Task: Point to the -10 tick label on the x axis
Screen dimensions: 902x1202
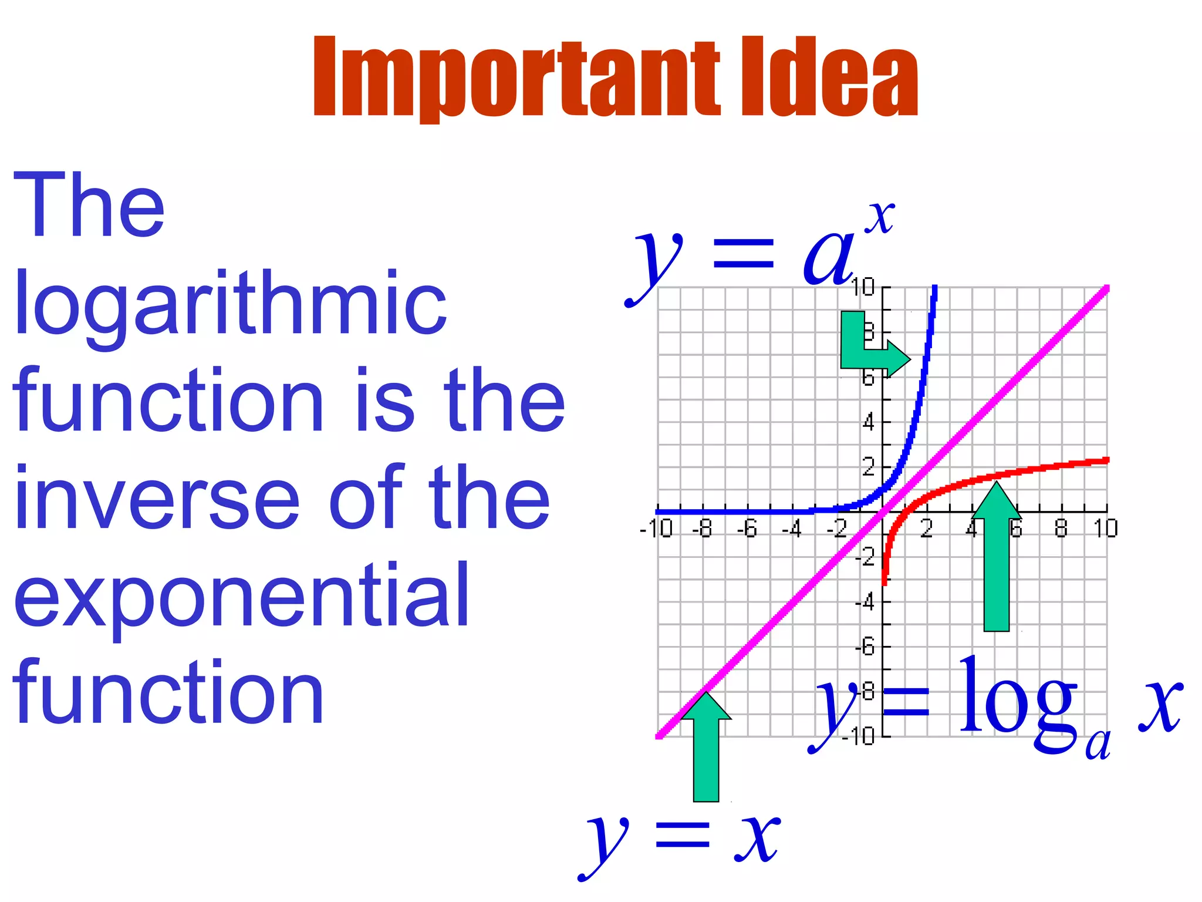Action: [656, 529]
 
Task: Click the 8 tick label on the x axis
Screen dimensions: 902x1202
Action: [1061, 529]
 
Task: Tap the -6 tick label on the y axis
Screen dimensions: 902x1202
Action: [865, 647]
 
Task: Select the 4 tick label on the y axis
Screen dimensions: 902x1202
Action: [868, 422]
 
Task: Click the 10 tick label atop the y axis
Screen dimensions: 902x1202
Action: [863, 288]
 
